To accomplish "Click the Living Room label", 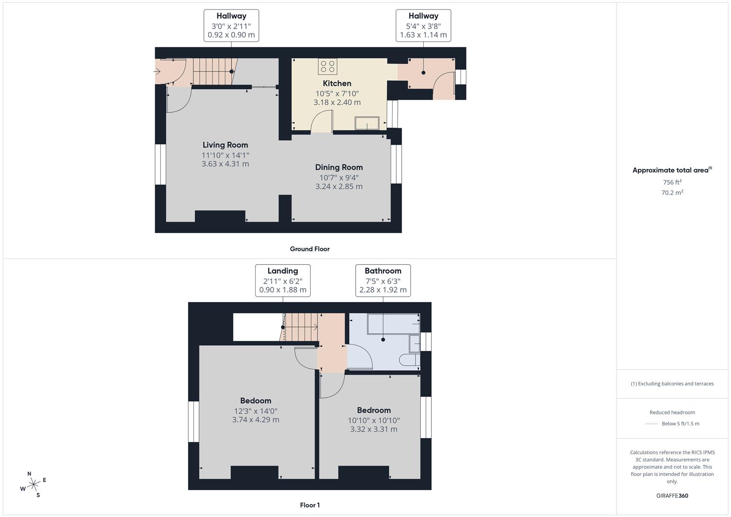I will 225,145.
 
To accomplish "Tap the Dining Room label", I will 338,167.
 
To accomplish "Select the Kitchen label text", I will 337,83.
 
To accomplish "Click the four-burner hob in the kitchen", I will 327,67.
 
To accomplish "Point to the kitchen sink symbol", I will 367,124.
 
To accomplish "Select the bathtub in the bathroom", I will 393,324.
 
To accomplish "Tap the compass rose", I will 33,484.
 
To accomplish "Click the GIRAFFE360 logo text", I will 672,495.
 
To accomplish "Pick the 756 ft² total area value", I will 672,182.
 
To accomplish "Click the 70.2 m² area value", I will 672,193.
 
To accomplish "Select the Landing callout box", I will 282,280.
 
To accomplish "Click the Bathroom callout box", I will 382,280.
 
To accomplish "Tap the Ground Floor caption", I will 309,249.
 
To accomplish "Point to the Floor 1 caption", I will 309,505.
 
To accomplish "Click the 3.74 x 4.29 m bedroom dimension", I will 255,420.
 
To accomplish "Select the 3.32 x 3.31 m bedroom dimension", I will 373,429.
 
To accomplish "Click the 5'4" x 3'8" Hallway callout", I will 423,25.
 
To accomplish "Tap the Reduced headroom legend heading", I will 672,412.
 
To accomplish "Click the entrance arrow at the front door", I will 157,72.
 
